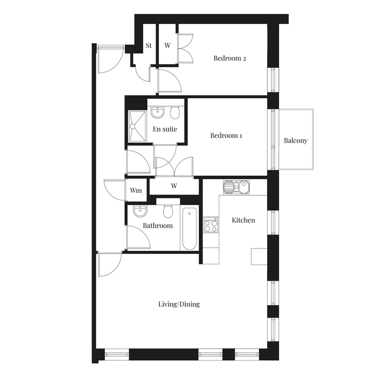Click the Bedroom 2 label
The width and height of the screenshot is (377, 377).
[x=229, y=58]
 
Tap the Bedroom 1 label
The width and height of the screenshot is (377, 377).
[x=226, y=135]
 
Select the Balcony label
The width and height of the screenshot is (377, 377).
[x=295, y=140]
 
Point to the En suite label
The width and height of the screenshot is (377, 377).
[x=165, y=129]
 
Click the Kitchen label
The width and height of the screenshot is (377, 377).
[x=243, y=220]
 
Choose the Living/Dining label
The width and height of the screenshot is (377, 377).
[x=179, y=304]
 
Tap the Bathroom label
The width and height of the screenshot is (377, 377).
[x=158, y=226]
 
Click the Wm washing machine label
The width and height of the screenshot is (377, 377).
[x=136, y=190]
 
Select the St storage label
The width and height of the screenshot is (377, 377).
[x=149, y=46]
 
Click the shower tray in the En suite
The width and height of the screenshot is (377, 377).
[x=137, y=126]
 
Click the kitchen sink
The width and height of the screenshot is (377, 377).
[x=236, y=187]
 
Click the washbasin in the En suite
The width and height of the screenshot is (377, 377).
[x=157, y=112]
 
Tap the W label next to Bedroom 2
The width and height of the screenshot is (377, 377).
[x=167, y=46]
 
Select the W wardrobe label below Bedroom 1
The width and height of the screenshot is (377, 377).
[x=174, y=186]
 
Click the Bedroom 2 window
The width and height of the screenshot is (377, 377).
[x=273, y=79]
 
